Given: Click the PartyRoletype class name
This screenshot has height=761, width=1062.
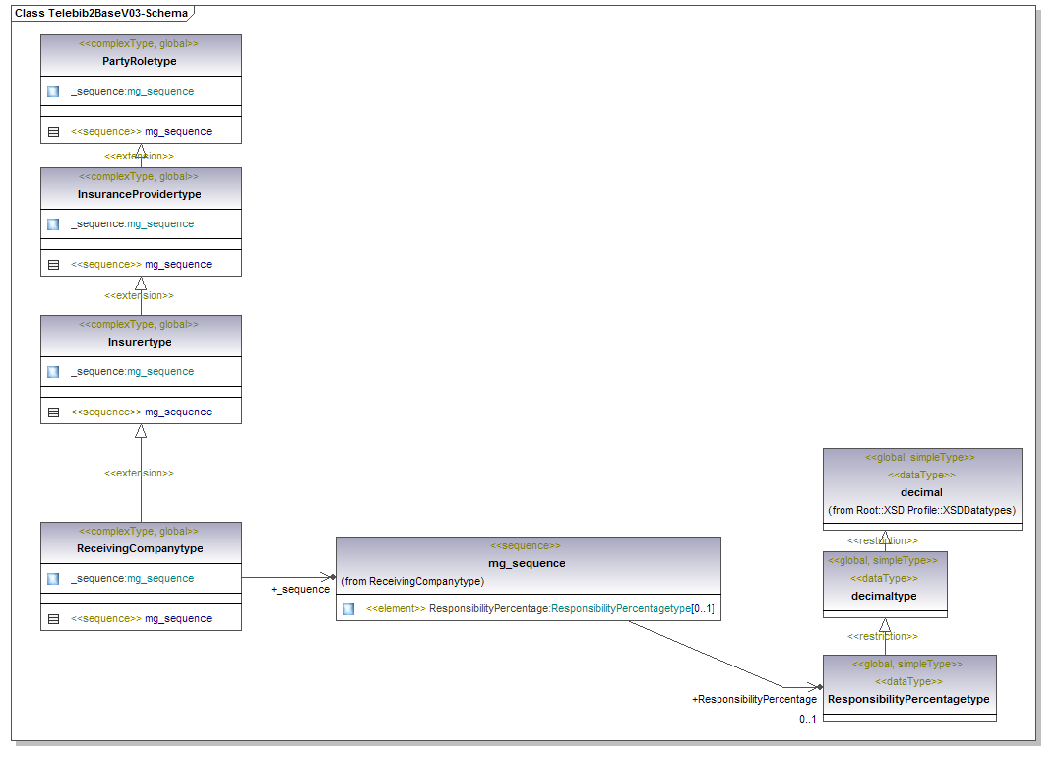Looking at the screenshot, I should click(x=140, y=61).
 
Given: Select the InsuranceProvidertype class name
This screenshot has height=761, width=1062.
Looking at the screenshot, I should click(x=140, y=194).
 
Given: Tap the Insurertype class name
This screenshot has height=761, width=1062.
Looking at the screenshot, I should click(x=140, y=342).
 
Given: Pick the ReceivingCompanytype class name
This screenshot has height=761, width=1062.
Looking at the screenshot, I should click(x=140, y=548).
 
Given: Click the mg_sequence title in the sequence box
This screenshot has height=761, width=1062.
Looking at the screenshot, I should click(x=527, y=563).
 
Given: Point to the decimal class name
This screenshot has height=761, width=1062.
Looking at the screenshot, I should click(x=921, y=492).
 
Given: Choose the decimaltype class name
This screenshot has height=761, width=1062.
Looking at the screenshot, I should click(x=884, y=596).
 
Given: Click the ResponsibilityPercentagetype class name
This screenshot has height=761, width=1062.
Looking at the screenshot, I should click(x=908, y=699).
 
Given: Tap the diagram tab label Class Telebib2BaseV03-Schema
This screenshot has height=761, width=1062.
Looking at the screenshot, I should click(x=100, y=13).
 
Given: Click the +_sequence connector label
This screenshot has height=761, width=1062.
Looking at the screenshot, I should click(x=300, y=589).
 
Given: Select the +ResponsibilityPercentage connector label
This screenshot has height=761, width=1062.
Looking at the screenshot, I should click(x=754, y=699).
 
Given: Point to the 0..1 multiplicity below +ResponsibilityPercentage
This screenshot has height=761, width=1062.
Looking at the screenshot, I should click(x=807, y=719).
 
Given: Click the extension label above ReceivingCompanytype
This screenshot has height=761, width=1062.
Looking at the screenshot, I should click(x=139, y=473).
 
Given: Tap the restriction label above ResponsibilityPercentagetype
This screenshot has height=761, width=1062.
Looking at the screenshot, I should click(x=883, y=636).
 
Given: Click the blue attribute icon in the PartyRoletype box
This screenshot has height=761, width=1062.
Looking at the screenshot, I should click(x=53, y=91).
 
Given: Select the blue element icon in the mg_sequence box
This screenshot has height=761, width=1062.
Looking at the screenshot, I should click(x=348, y=609).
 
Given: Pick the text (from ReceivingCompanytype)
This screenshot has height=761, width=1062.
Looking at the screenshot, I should click(x=412, y=581).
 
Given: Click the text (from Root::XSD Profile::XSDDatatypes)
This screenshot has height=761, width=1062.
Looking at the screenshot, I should click(x=921, y=510).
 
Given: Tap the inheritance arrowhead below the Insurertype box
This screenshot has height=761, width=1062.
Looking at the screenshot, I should click(x=141, y=431).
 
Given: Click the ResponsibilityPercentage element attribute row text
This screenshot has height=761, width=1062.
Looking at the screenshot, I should click(x=540, y=609).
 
